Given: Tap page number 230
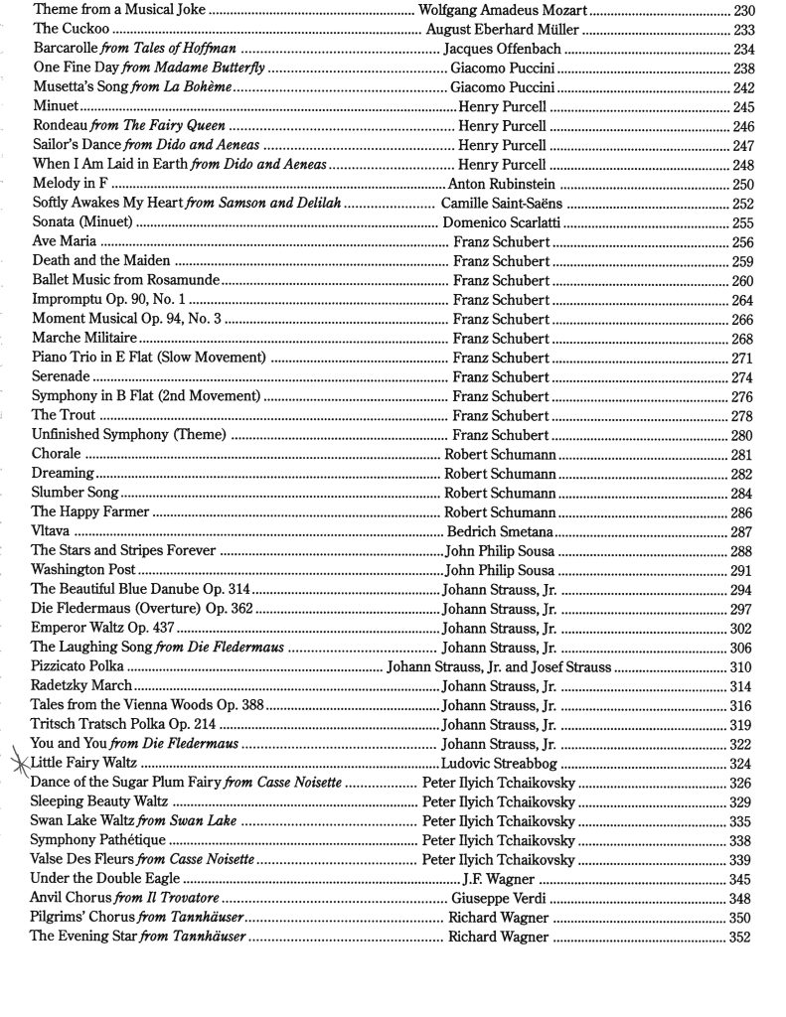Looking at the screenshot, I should click(742, 11).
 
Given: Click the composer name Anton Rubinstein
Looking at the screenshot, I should click(502, 184).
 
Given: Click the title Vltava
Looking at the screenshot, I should click(51, 531).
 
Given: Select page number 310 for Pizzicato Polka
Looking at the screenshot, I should click(740, 667).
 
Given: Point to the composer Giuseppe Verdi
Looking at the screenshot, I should click(499, 899).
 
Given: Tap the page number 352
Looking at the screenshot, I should click(739, 938).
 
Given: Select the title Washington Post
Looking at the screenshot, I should click(83, 570).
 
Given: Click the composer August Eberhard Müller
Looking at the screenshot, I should click(503, 30).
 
